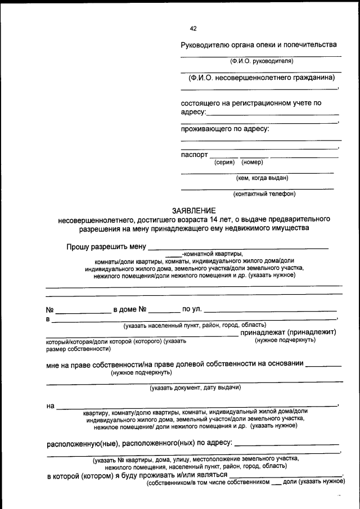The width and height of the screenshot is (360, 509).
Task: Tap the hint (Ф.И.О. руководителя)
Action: coord(262,61)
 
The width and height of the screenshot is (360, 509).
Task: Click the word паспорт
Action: coord(194,155)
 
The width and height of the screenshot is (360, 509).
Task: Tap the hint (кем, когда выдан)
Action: coord(262,178)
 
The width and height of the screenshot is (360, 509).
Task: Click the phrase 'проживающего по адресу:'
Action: coord(225,129)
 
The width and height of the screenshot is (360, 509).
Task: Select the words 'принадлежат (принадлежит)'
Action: coord(289,332)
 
